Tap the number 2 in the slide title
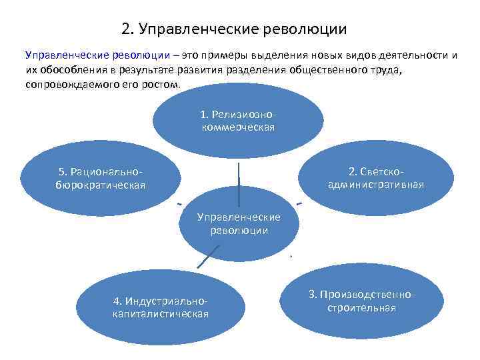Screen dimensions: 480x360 tap(126, 29)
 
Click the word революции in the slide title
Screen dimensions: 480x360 tap(306, 29)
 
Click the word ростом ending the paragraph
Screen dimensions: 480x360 tap(164, 86)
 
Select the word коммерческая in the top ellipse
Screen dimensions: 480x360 tap(238, 127)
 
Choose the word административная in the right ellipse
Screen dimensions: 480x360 tap(376, 184)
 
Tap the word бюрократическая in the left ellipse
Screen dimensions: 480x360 tap(100, 184)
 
